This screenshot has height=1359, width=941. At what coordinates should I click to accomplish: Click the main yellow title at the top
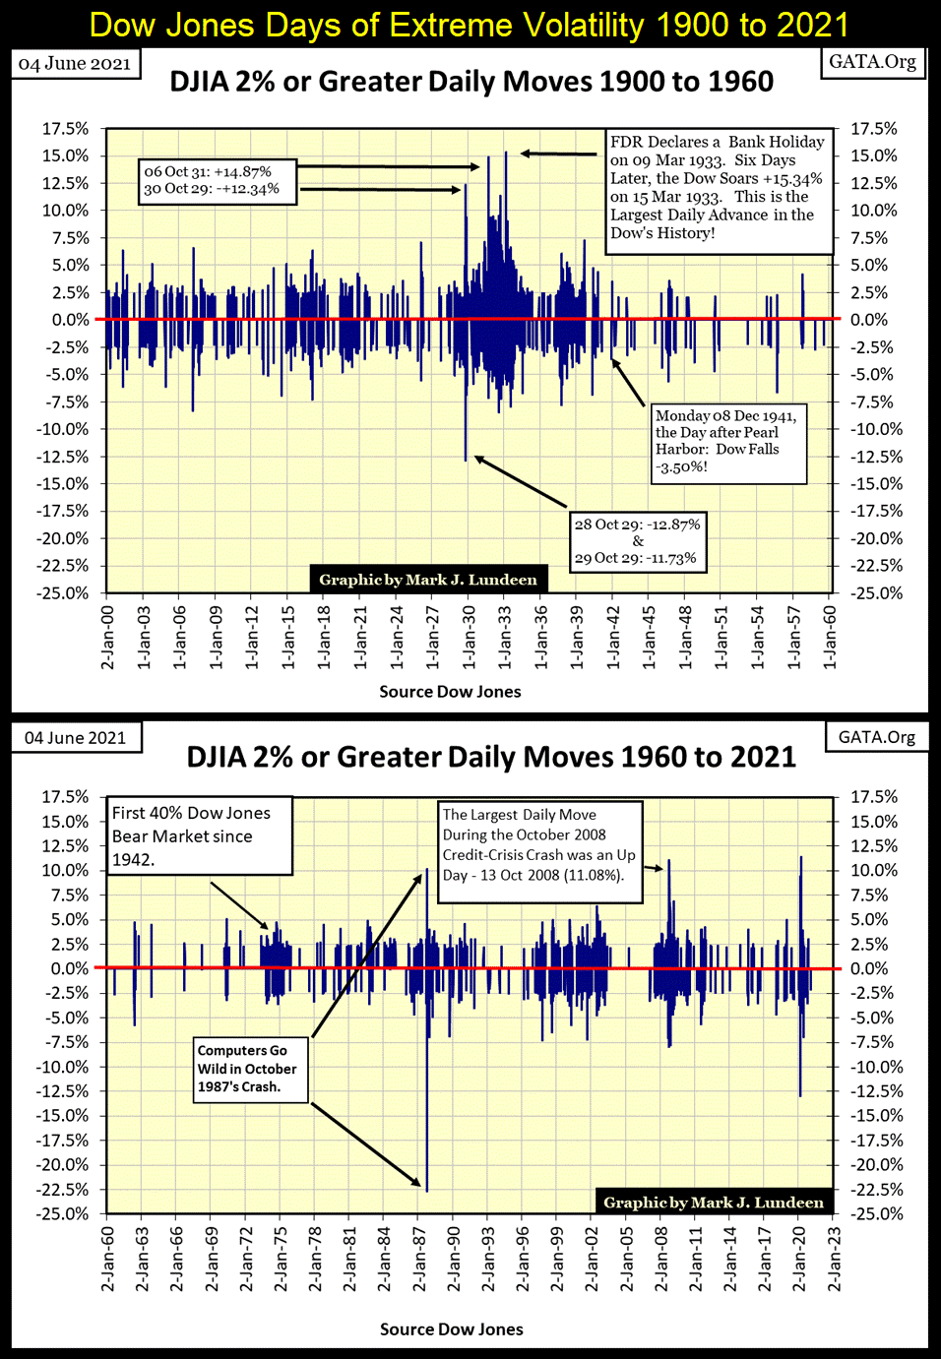coord(470,24)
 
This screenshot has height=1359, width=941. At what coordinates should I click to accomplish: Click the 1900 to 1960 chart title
coord(471,81)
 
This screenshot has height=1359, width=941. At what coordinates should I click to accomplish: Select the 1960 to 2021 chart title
coord(491,757)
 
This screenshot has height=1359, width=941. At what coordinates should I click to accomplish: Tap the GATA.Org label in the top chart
coord(872,62)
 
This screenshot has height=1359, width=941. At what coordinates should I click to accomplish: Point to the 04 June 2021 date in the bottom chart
coord(75,738)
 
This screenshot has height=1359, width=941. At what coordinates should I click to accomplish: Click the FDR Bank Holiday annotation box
coord(717,187)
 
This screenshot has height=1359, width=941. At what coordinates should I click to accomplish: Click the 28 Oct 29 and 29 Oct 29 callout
coord(637,540)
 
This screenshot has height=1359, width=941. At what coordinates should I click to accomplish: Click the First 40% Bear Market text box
coord(198,835)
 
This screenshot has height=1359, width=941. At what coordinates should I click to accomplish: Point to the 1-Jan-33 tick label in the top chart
coord(505,637)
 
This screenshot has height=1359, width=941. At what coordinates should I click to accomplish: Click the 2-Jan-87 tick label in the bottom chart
coord(418,1258)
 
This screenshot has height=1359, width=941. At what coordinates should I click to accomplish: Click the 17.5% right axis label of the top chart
coord(874,129)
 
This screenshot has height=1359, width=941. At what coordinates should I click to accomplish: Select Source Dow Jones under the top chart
coord(450,692)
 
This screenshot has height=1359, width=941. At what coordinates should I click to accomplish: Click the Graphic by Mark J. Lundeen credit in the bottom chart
coord(714,1202)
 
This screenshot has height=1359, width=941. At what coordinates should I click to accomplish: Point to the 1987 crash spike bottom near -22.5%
coord(427,1189)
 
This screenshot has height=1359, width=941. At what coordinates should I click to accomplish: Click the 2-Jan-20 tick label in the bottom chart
coord(798,1258)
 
